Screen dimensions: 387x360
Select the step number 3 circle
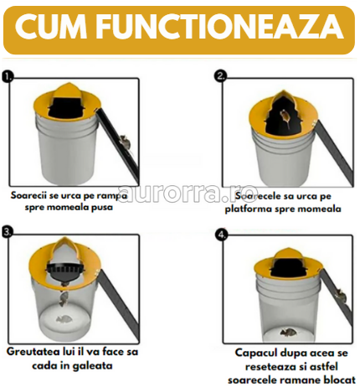coord(8,230)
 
